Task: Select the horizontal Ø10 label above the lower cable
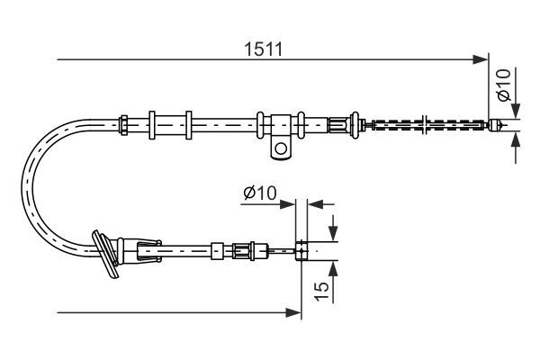click(x=259, y=192)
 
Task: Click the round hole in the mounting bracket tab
click(x=283, y=147)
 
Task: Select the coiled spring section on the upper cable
click(x=423, y=124)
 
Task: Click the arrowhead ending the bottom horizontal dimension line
click(x=293, y=312)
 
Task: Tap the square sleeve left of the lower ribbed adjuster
click(x=217, y=249)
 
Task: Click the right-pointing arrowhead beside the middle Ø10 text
click(x=289, y=205)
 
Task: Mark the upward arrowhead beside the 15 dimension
click(x=334, y=266)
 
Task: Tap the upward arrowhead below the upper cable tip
click(x=515, y=139)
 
